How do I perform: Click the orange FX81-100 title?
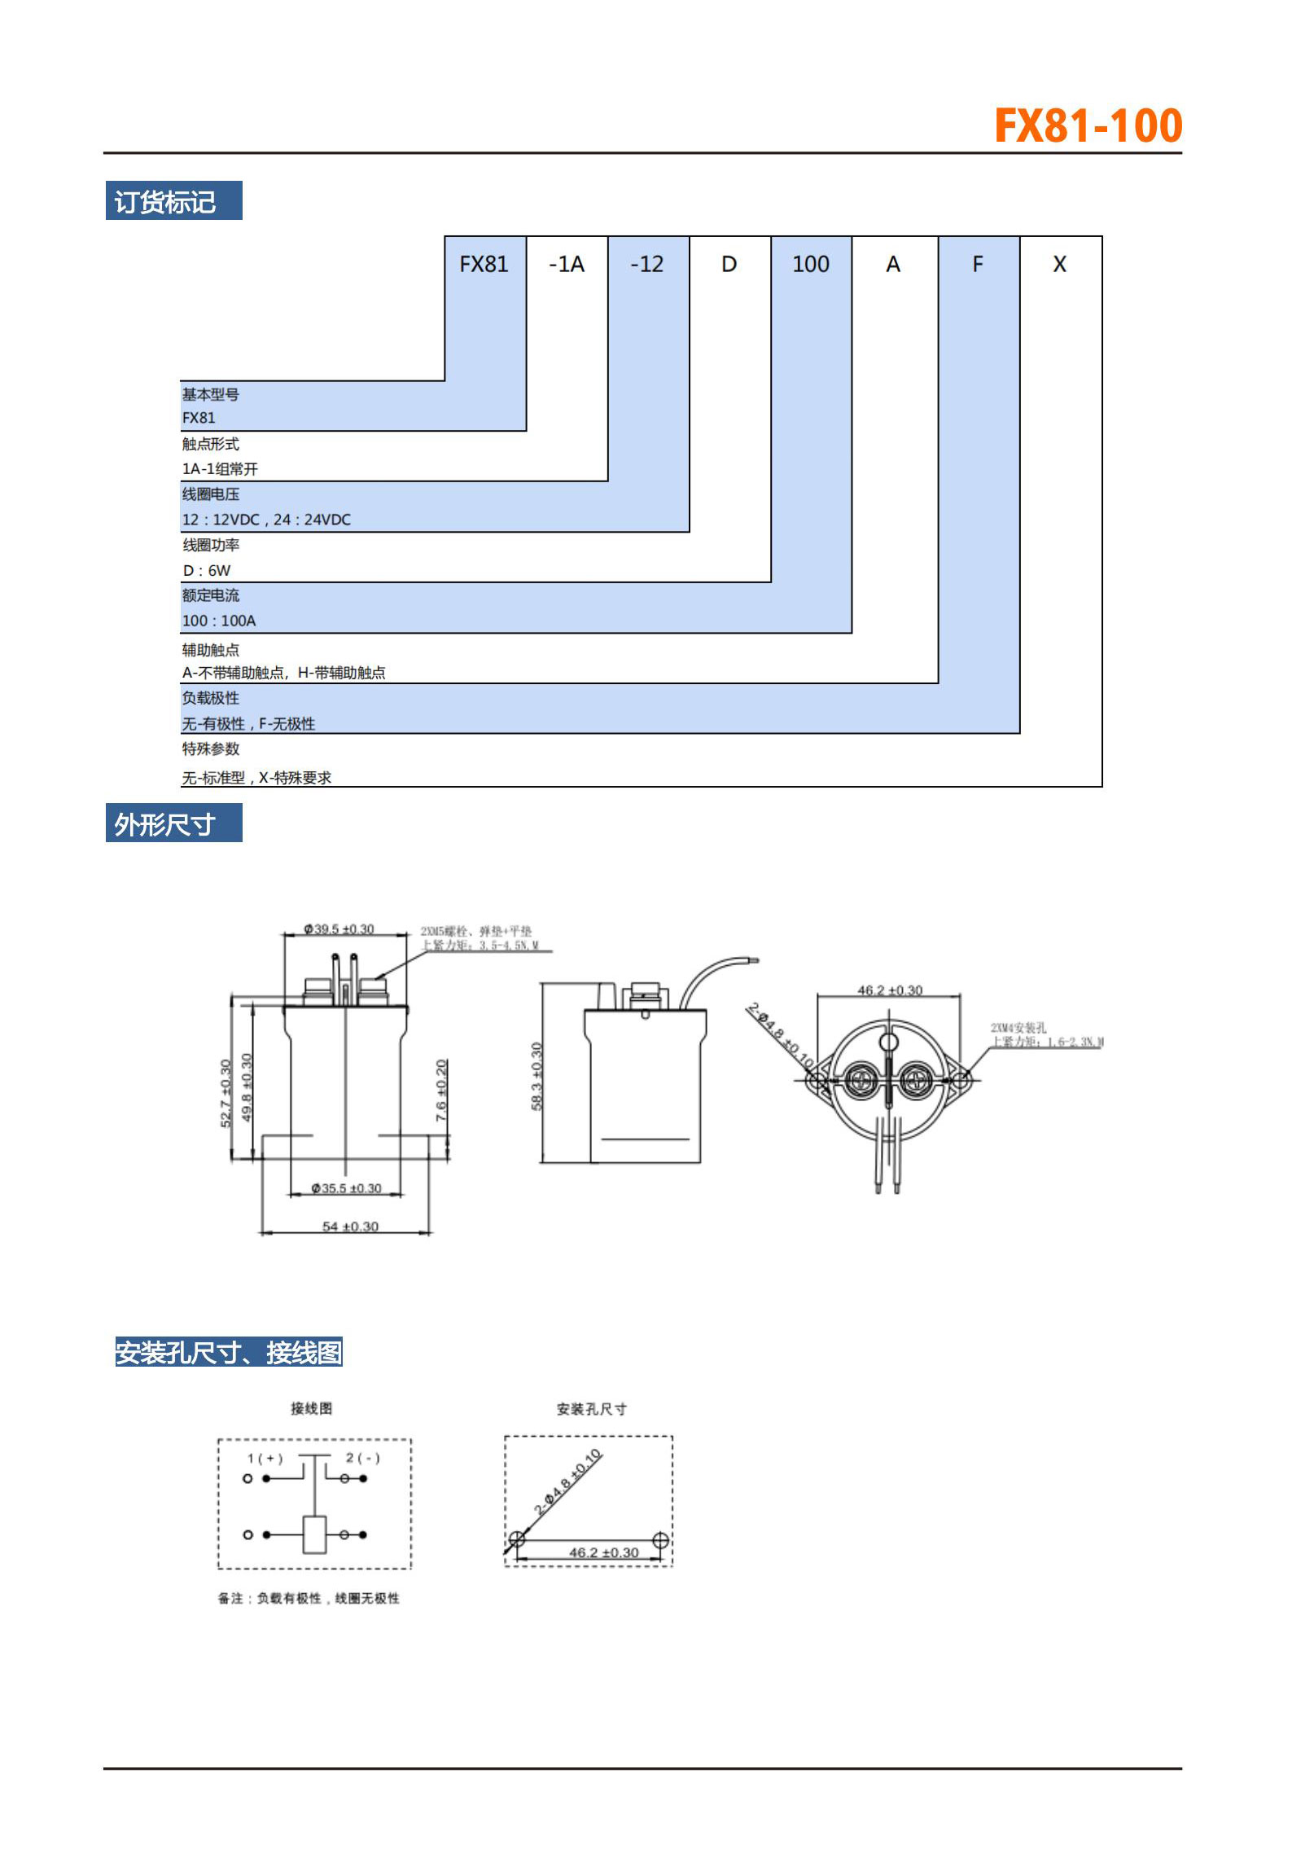tap(1088, 126)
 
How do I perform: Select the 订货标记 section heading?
tap(165, 201)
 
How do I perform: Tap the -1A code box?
tap(567, 264)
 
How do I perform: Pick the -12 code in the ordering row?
tap(647, 264)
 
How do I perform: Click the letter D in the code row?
tap(729, 264)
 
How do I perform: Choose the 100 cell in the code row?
tap(811, 264)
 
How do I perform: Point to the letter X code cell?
tap(1059, 264)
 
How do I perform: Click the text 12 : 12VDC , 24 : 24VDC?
tap(266, 520)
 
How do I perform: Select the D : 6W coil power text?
tap(207, 570)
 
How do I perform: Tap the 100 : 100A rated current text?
tap(219, 621)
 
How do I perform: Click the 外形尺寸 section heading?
tap(165, 824)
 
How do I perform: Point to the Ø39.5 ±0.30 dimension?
tap(339, 928)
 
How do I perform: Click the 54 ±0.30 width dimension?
tap(350, 1226)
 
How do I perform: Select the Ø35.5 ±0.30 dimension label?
tap(346, 1188)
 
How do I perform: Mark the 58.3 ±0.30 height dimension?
tap(537, 1075)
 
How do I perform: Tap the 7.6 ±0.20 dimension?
tap(441, 1090)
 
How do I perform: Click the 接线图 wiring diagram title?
tap(312, 1408)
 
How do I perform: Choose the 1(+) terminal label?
tap(265, 1458)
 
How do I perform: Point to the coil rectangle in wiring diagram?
tap(314, 1534)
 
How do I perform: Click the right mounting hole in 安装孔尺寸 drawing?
tap(660, 1540)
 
